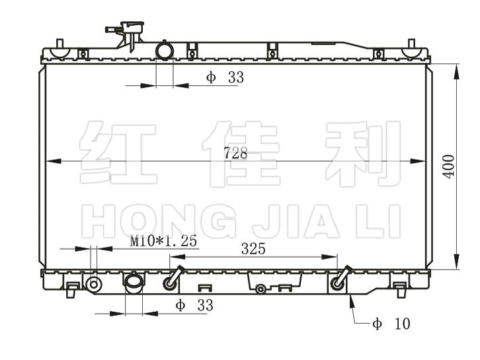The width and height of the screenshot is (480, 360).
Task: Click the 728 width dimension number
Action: pos(235,153)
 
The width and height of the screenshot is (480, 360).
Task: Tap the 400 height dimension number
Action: pos(449,166)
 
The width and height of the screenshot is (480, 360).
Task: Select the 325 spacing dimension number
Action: pos(253,248)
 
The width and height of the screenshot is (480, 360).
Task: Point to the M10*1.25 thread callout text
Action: pos(163,241)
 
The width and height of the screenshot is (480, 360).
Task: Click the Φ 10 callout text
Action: pos(391,324)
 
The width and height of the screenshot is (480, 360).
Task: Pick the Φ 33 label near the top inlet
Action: pos(225,77)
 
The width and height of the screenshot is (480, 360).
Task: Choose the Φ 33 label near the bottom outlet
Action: pos(194,305)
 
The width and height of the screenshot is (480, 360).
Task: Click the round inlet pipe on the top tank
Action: pos(165,51)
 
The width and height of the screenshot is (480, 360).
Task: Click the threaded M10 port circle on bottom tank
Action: pos(94,285)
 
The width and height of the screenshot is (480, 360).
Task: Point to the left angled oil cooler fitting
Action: pos(173,279)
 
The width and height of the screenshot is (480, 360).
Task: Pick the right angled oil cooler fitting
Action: pos(340,279)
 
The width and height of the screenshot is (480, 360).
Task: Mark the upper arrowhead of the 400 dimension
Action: pos(456,72)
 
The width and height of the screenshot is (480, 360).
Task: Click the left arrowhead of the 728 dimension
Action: pos(54,161)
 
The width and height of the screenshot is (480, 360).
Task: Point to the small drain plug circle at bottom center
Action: pos(260,289)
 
